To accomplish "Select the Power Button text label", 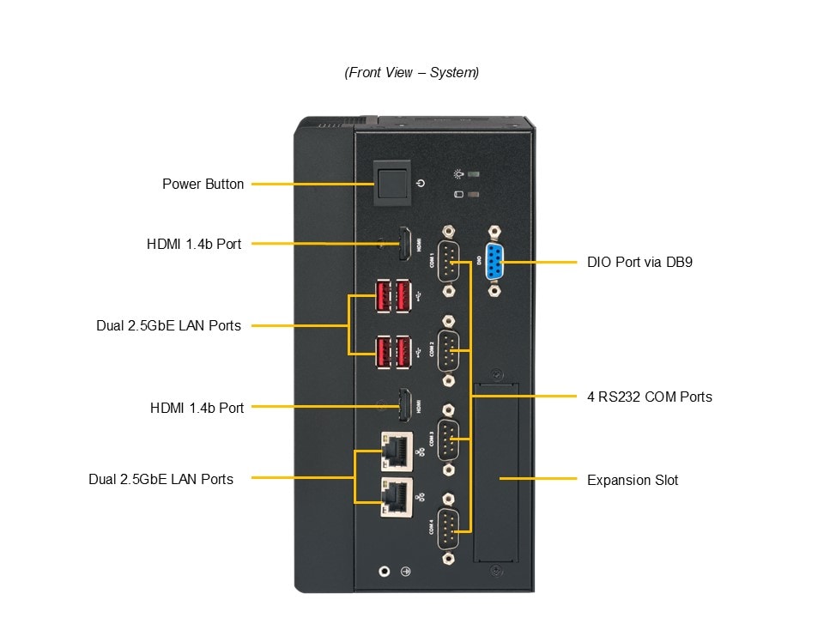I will (x=203, y=184).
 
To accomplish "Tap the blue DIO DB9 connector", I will (x=495, y=261).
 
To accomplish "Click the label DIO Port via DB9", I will (x=639, y=262).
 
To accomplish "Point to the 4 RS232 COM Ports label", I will (x=649, y=397).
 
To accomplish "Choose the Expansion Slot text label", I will (x=632, y=480).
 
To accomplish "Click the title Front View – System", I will (x=412, y=72).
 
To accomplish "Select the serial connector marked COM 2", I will (x=448, y=350).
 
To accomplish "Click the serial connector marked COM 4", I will (x=448, y=528).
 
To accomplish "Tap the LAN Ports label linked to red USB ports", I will (x=168, y=325).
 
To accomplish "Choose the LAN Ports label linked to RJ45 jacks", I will (x=161, y=479).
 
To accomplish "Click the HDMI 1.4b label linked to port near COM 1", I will (x=194, y=244).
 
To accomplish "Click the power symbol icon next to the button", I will (x=420, y=183).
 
